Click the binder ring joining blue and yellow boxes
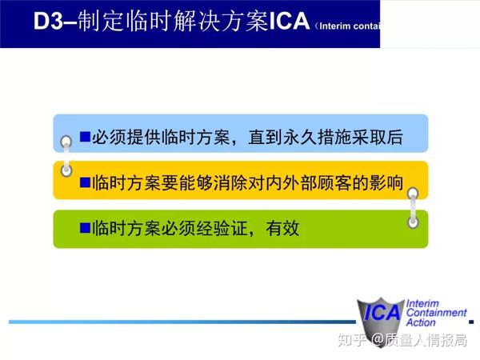[67, 156]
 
